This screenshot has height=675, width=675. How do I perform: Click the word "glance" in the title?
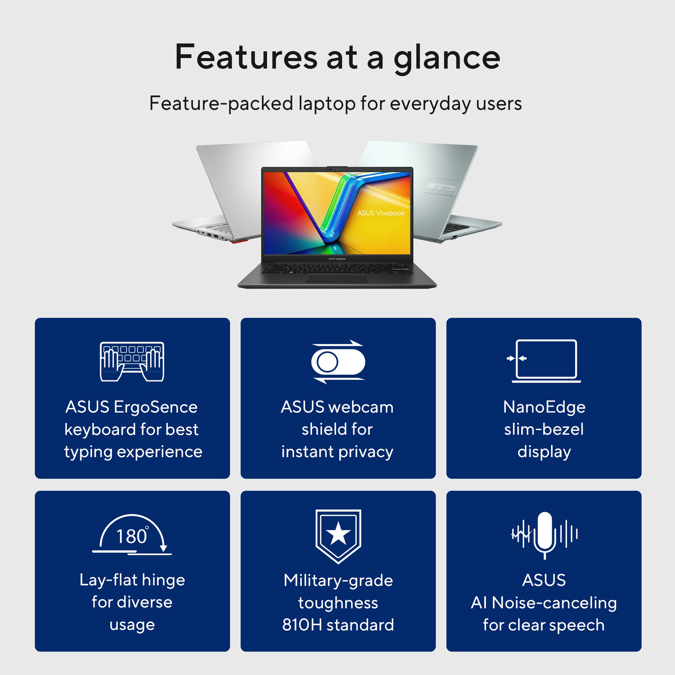click(447, 58)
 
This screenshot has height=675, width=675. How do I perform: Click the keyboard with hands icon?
click(132, 361)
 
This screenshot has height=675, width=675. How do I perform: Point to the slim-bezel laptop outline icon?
click(546, 360)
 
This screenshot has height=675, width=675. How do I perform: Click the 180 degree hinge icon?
click(132, 534)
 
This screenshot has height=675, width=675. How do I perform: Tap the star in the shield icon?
click(338, 534)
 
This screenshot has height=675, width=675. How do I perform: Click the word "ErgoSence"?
click(156, 407)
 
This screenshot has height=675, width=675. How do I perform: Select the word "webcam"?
click(361, 407)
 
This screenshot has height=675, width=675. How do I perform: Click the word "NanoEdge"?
click(544, 407)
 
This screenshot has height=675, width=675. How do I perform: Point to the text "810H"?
click(302, 625)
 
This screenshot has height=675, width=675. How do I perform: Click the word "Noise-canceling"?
click(554, 603)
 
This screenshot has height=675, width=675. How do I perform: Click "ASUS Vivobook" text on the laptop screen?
click(380, 213)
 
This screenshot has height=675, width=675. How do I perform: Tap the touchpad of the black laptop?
click(337, 279)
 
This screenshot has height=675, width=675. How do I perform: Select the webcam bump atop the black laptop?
click(337, 168)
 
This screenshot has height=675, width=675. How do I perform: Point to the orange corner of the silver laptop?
click(239, 241)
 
